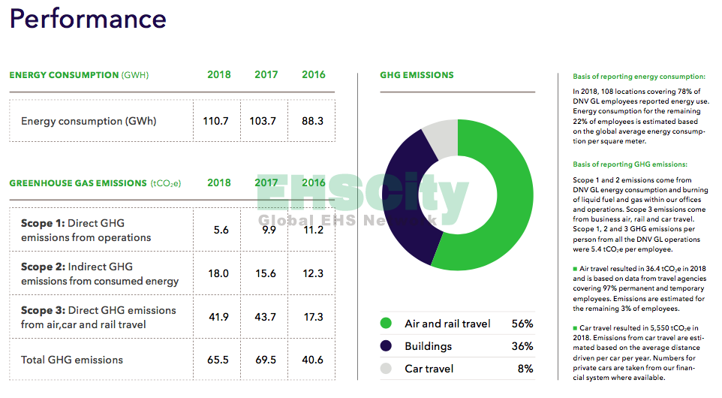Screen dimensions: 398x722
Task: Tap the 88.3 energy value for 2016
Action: click(313, 121)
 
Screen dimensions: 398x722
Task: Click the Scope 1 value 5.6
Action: click(221, 231)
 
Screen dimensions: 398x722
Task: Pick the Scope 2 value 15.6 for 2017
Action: click(266, 274)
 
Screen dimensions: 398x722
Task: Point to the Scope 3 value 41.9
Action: click(218, 317)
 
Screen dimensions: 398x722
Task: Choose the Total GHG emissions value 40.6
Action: click(313, 360)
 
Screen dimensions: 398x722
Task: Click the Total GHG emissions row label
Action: click(72, 360)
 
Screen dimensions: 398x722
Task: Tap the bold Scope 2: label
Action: click(43, 267)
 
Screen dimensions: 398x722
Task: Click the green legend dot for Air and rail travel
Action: click(387, 324)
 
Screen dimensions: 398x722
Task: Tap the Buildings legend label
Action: click(428, 346)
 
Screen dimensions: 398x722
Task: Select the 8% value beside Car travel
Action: click(525, 369)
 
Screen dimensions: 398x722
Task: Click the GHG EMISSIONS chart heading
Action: click(417, 75)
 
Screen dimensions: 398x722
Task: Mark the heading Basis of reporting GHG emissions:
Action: click(630, 164)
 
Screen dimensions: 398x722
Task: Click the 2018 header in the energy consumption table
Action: click(218, 75)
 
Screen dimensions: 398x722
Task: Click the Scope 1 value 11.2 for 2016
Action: click(313, 231)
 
